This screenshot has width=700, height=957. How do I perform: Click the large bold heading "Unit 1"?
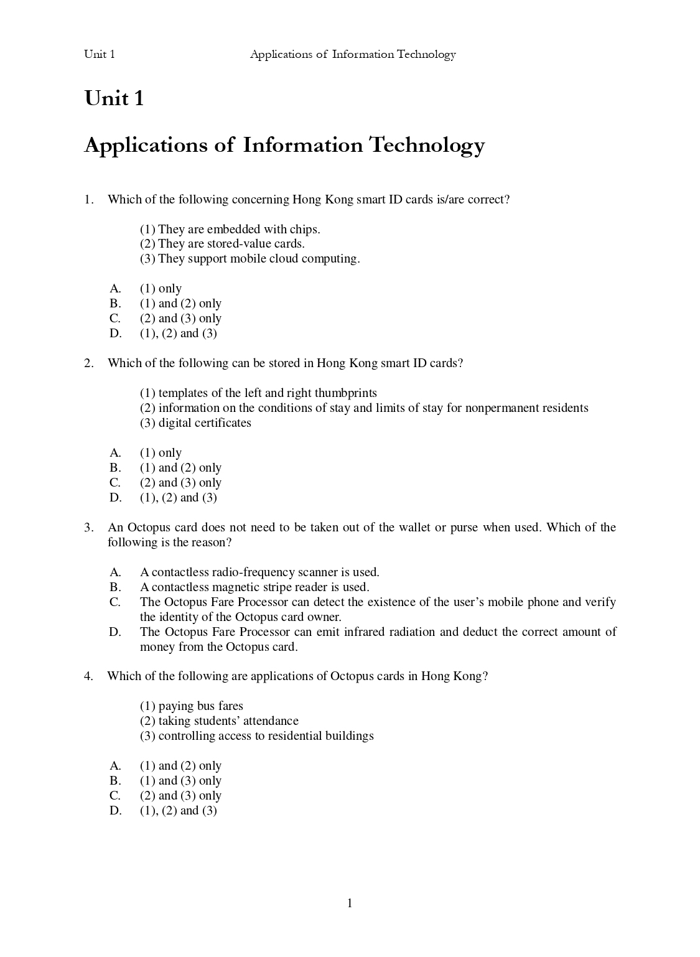pyautogui.click(x=114, y=98)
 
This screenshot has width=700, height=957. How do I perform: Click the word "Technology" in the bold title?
pyautogui.click(x=427, y=145)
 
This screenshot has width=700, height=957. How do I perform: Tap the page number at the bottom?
pyautogui.click(x=350, y=903)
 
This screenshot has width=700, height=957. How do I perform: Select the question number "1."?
pyautogui.click(x=88, y=200)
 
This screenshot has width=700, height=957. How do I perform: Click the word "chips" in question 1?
pyautogui.click(x=304, y=230)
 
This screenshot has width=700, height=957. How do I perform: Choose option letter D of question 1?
pyautogui.click(x=115, y=334)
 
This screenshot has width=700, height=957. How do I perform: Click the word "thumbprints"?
pyautogui.click(x=345, y=393)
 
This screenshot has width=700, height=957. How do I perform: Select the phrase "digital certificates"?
pyautogui.click(x=205, y=423)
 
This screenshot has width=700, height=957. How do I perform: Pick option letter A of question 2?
pyautogui.click(x=115, y=453)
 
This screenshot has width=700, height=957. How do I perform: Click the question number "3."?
pyautogui.click(x=88, y=528)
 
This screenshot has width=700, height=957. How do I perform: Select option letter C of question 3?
pyautogui.click(x=115, y=602)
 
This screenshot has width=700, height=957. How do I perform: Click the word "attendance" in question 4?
pyautogui.click(x=271, y=721)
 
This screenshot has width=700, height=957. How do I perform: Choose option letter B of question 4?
pyautogui.click(x=115, y=781)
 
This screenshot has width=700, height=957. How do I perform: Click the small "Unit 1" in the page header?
pyautogui.click(x=100, y=54)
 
